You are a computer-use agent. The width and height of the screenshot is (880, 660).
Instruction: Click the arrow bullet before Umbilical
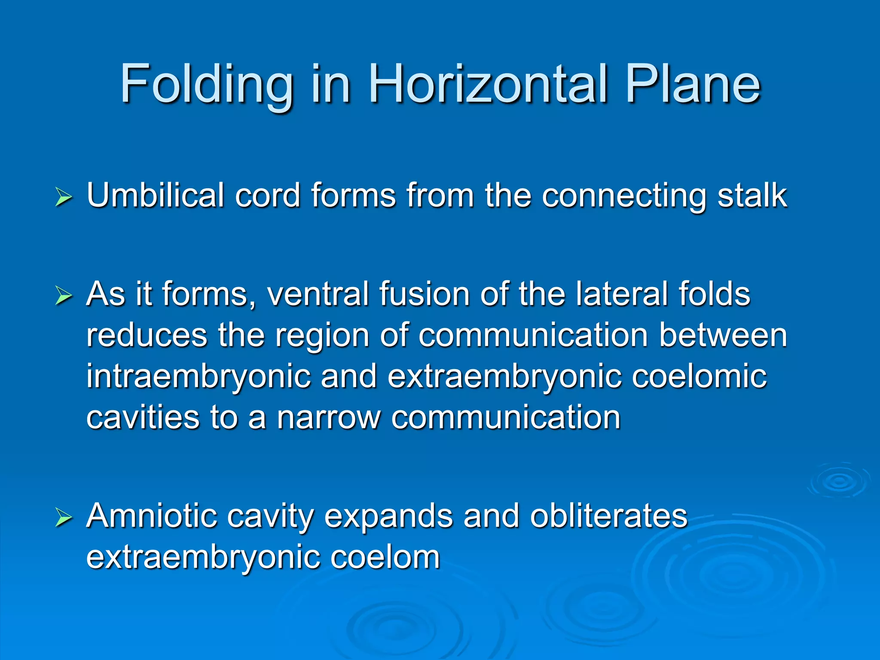(x=64, y=198)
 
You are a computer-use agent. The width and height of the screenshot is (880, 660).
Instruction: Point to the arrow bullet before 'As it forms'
(x=64, y=296)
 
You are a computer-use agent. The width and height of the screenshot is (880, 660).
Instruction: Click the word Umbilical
(x=155, y=196)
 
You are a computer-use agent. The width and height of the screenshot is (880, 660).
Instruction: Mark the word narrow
(x=329, y=418)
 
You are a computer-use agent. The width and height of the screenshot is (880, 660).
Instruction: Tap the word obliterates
(x=608, y=515)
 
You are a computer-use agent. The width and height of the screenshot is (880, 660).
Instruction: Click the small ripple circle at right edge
(x=838, y=481)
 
